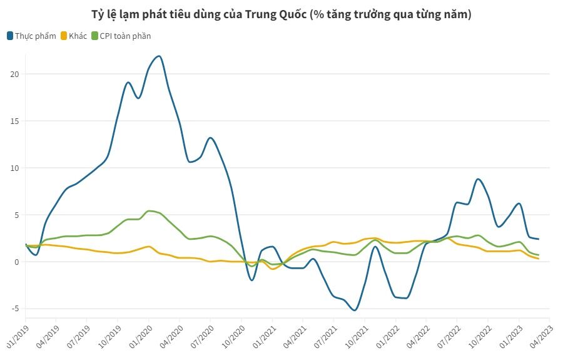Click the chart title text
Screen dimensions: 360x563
click(281, 14)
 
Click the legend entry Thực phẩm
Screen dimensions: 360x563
click(36, 36)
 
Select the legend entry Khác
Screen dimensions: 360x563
click(78, 36)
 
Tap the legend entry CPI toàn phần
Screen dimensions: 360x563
click(125, 36)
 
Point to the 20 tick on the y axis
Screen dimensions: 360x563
click(14, 74)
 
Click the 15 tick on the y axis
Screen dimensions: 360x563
click(14, 121)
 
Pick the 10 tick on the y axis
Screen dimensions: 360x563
click(14, 168)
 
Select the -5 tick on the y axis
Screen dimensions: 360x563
click(14, 309)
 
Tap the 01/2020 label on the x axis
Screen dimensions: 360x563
click(141, 335)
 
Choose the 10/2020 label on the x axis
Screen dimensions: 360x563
click(233, 335)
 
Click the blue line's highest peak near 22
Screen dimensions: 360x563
click(159, 56)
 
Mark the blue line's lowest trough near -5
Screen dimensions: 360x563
click(355, 310)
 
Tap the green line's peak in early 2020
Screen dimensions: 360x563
click(149, 211)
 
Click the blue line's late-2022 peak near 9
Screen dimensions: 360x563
click(478, 179)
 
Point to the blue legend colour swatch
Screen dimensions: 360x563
click(11, 36)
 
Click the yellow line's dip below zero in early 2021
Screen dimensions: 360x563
click(273, 269)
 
